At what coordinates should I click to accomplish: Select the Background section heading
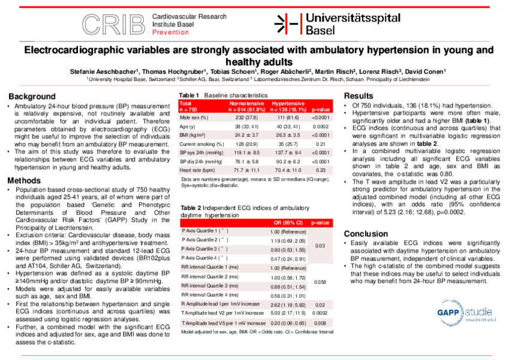click(x=32, y=96)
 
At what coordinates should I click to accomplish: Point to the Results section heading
click(x=359, y=96)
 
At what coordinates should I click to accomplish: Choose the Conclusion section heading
click(x=366, y=233)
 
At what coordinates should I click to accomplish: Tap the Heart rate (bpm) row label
click(x=198, y=170)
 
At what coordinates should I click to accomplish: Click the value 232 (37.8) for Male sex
click(x=248, y=118)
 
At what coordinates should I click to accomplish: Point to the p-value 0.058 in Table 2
click(x=320, y=281)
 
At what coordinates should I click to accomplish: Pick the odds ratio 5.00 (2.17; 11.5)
click(x=287, y=313)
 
